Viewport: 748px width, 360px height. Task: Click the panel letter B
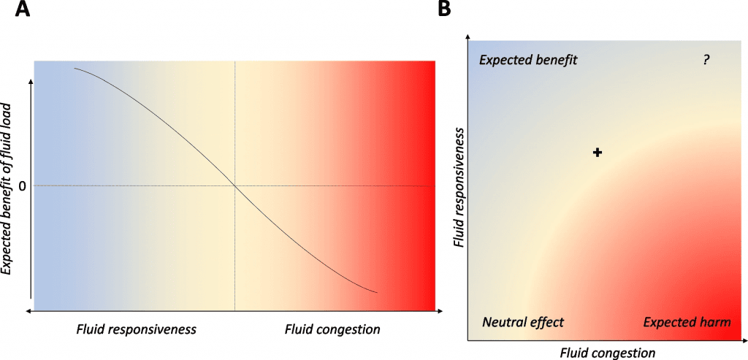(444, 10)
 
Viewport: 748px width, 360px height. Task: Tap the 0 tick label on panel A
(23, 185)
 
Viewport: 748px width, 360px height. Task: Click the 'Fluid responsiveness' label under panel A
(137, 329)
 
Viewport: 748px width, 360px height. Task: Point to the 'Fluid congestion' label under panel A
(332, 329)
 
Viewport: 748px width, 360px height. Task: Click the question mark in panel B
(706, 61)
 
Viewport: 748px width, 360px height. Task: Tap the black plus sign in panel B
(598, 152)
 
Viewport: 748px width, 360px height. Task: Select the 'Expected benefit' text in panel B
(528, 61)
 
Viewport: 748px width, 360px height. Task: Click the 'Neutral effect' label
(523, 322)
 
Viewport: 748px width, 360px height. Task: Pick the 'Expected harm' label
(687, 322)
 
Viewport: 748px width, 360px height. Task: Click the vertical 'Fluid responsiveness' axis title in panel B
(459, 187)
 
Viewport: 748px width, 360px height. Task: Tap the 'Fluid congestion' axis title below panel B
(608, 353)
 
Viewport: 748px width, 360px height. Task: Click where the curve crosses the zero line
(234, 185)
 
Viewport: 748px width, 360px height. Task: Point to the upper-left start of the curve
(75, 69)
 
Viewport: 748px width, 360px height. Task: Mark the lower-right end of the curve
(376, 293)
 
